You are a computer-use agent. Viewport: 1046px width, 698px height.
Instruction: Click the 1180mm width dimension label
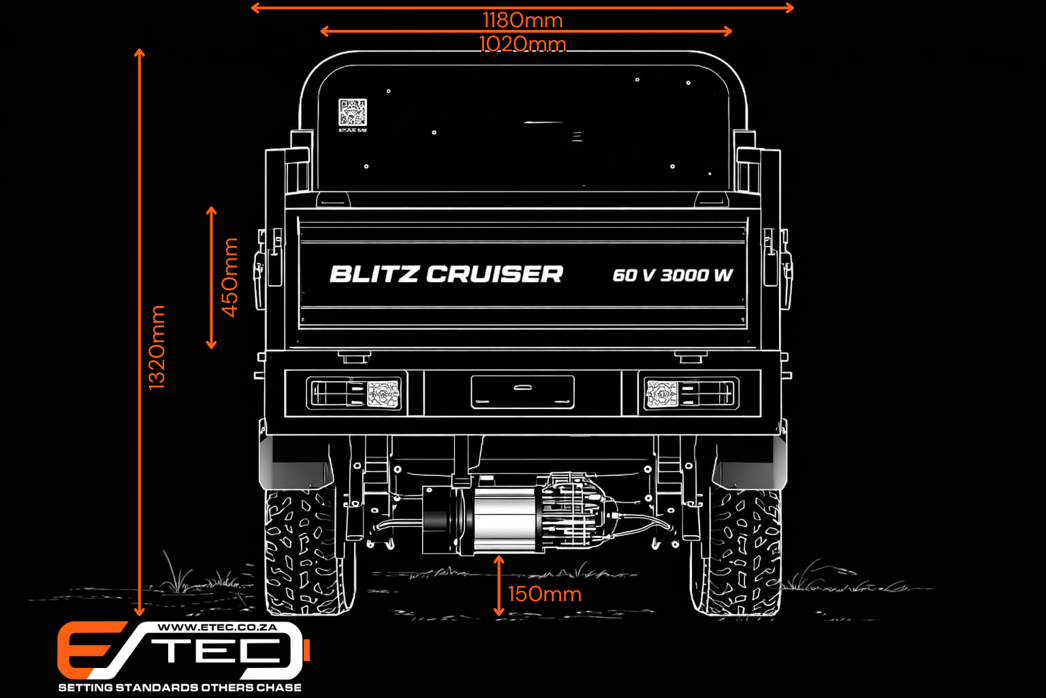pos(522,20)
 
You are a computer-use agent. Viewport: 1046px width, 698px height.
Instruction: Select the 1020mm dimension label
pos(522,44)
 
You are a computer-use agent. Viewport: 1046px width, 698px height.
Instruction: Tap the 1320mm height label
pos(157,348)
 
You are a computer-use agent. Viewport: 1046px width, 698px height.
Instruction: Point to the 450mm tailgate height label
pos(230,277)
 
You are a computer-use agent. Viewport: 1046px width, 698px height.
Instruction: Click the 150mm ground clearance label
pos(545,594)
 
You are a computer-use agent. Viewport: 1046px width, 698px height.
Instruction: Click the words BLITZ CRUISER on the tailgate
pos(446,274)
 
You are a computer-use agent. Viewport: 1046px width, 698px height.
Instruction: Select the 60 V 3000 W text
pos(672,275)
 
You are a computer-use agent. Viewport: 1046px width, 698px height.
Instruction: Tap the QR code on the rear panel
pos(352,112)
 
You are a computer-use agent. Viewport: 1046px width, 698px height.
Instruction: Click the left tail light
pos(355,394)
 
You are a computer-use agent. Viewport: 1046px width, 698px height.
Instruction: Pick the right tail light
pos(689,394)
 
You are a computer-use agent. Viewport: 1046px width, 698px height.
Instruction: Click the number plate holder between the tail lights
pos(522,392)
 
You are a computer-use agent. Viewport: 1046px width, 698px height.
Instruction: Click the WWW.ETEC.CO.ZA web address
pos(217,627)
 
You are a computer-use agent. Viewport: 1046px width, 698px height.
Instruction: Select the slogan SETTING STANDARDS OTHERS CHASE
pos(180,687)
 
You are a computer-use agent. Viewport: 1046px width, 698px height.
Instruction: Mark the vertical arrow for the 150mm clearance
pos(499,586)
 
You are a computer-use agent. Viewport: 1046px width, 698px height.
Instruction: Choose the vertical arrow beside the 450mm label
pos(211,277)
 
